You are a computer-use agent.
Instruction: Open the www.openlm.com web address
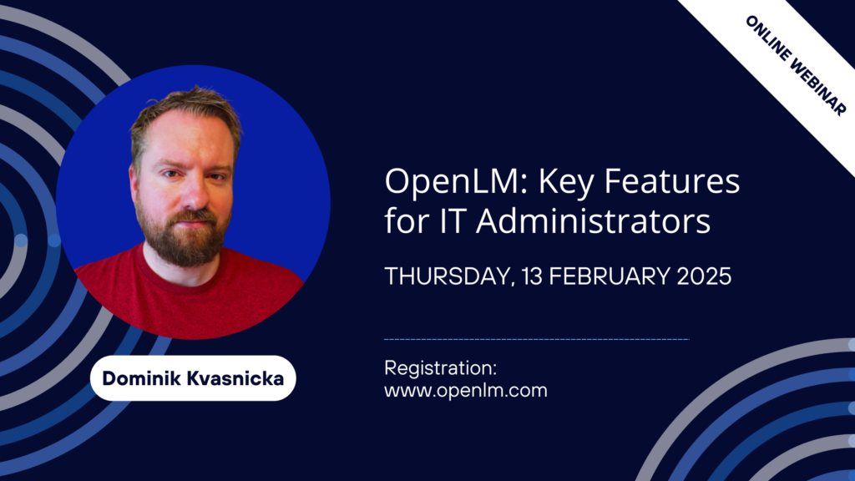[465, 389]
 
